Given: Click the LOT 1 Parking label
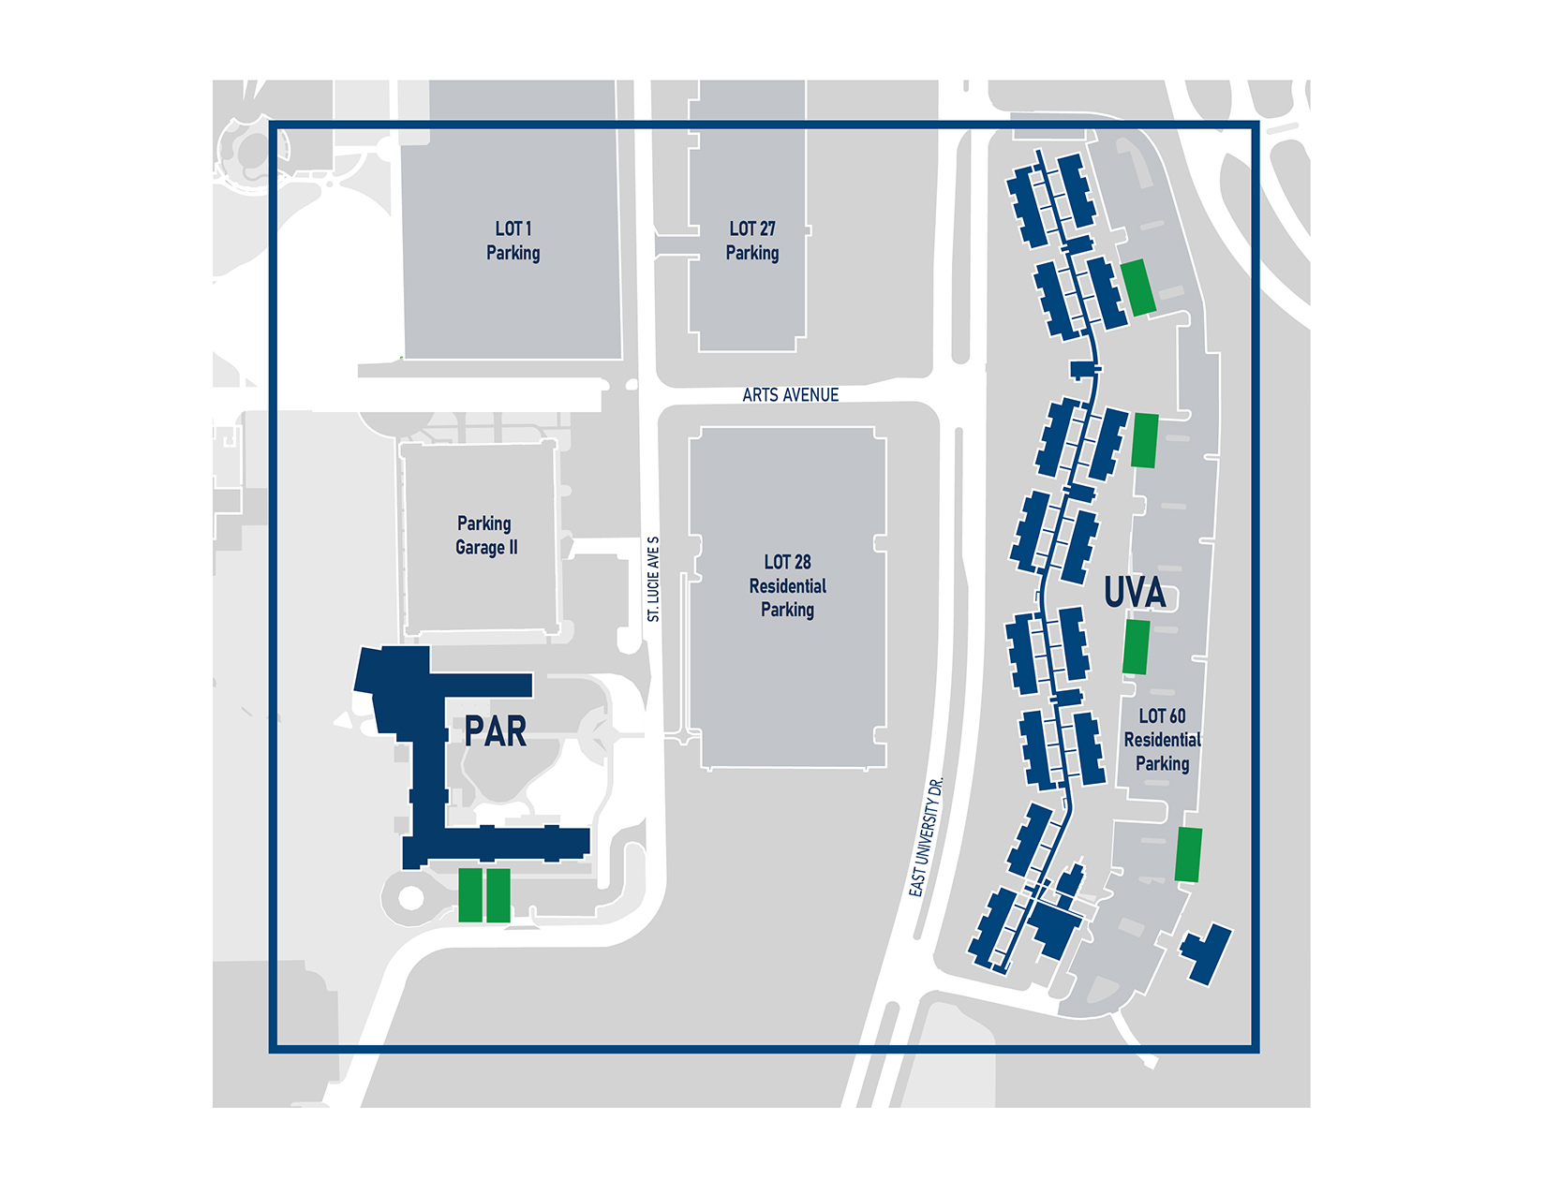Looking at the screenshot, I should coord(513,241).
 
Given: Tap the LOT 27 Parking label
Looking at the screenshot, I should coord(752,241).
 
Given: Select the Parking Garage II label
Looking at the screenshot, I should coord(485,536).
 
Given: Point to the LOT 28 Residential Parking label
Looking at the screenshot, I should coord(787,586).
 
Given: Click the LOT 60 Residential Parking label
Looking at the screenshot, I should coord(1162,740).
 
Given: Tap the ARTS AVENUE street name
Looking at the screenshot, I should coord(790,395).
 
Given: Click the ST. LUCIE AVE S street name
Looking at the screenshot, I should coord(653,579).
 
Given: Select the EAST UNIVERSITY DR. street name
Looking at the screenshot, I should coord(927,836).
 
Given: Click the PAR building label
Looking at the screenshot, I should coord(495,731).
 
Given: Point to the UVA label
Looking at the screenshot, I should coord(1135,593).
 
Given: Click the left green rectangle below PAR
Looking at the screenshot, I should coord(470,895).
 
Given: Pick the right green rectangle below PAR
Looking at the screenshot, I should coord(498,895).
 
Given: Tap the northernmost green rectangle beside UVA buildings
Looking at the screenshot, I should coord(1138,288).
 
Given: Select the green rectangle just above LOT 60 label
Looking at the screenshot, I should coord(1137,647).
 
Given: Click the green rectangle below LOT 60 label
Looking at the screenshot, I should coord(1189,854).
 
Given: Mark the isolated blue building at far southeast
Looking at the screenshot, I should coord(1208,953).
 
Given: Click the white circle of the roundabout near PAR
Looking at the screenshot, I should coord(410,898).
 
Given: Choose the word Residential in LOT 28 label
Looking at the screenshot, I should coord(787,586).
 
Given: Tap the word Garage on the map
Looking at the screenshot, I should coord(479,548).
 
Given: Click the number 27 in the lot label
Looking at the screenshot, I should coord(766,228).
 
